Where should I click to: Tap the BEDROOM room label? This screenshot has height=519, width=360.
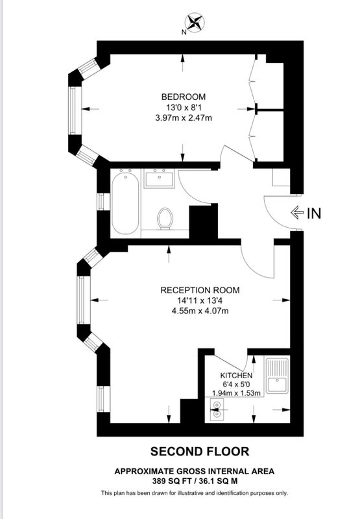tap(184, 97)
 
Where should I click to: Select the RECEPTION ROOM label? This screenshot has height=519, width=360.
tap(200, 290)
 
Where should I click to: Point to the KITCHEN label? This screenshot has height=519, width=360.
tap(236, 376)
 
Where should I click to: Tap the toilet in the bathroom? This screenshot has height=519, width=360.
tap(165, 218)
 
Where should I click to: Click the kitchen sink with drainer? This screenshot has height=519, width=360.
tap(277, 375)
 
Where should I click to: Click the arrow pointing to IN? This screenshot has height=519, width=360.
tap(297, 213)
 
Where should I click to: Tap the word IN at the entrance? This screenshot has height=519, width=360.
tap(314, 213)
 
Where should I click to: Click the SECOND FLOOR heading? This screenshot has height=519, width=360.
tap(200, 452)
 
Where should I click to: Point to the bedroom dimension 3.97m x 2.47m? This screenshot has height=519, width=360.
tap(184, 117)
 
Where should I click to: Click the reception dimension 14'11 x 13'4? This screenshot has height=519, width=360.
tap(200, 300)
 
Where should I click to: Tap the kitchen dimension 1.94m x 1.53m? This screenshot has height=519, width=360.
tap(236, 393)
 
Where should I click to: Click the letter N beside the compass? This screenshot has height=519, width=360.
tap(184, 32)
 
